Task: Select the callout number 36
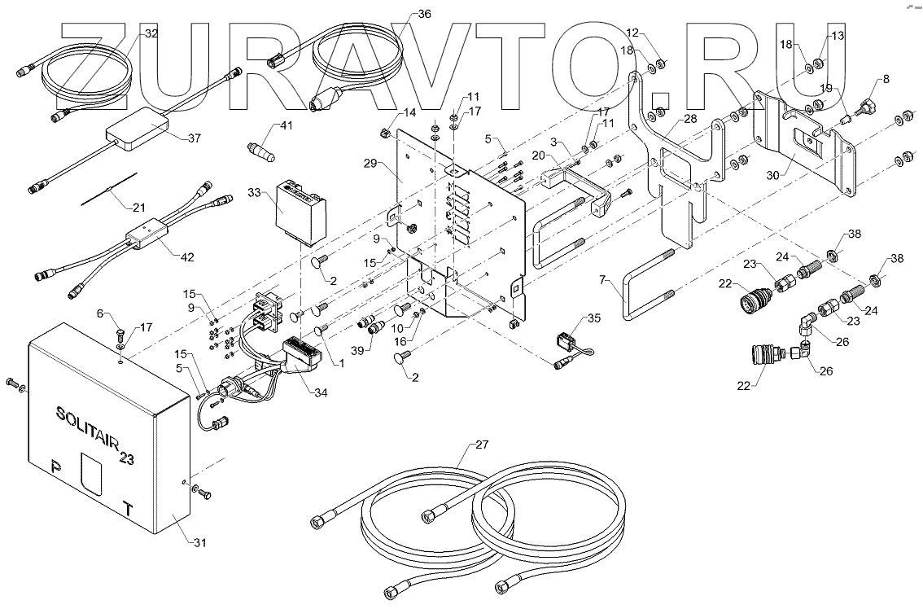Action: [424, 14]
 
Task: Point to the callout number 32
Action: [151, 33]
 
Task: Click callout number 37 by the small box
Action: [193, 138]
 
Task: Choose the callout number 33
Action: [255, 194]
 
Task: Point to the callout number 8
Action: [886, 79]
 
